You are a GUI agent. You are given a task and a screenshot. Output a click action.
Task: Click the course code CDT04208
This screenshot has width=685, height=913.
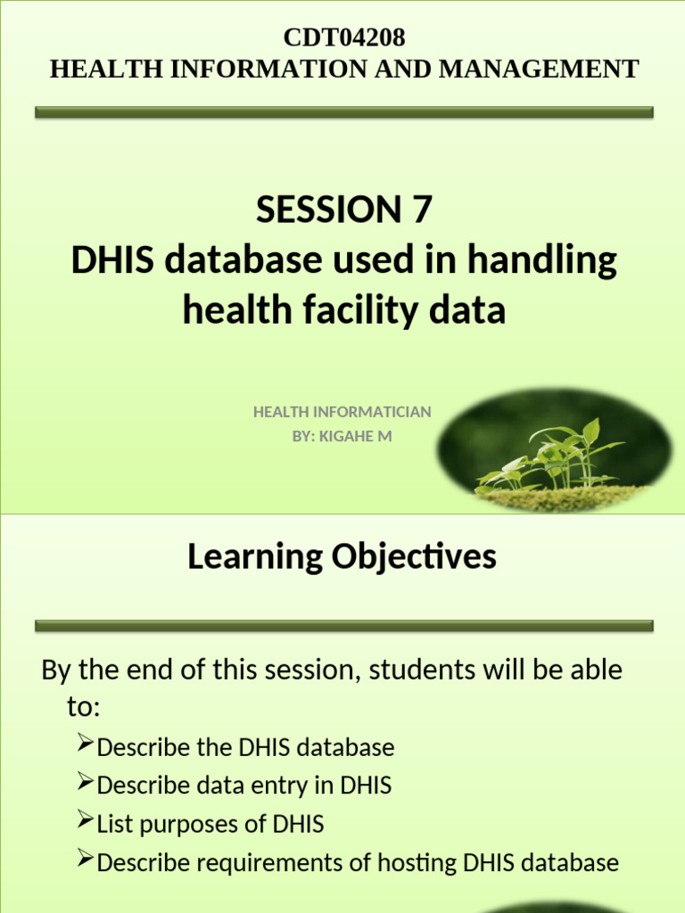coord(343,37)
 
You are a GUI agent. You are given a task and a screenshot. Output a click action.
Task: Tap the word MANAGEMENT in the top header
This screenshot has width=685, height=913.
coord(561,69)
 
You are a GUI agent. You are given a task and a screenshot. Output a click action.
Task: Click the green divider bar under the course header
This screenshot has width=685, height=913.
coord(343,113)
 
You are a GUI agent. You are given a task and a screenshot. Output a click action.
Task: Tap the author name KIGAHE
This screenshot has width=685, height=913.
coord(353,436)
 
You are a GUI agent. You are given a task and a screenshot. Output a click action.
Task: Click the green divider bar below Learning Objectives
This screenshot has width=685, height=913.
coord(343,627)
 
